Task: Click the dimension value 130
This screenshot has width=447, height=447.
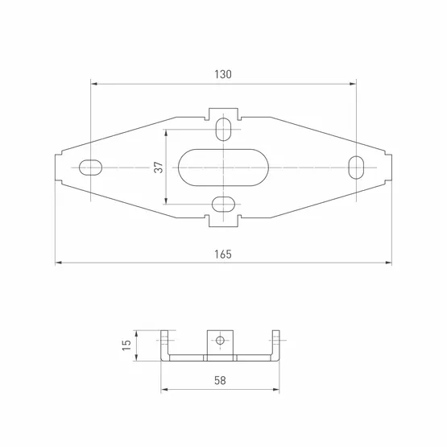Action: (x=223, y=74)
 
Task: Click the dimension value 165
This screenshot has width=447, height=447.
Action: (x=223, y=255)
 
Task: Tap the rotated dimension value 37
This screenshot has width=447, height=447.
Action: (x=159, y=167)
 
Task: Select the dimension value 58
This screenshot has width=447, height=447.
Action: (x=220, y=380)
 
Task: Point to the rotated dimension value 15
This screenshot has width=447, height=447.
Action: (x=126, y=346)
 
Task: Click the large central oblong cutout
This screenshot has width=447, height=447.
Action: (x=223, y=168)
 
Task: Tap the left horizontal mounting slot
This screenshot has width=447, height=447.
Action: (x=90, y=168)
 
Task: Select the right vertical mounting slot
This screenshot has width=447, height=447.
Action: (x=356, y=168)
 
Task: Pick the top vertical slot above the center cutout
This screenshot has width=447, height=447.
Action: (x=224, y=129)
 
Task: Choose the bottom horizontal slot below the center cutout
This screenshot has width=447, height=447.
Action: (x=224, y=204)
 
